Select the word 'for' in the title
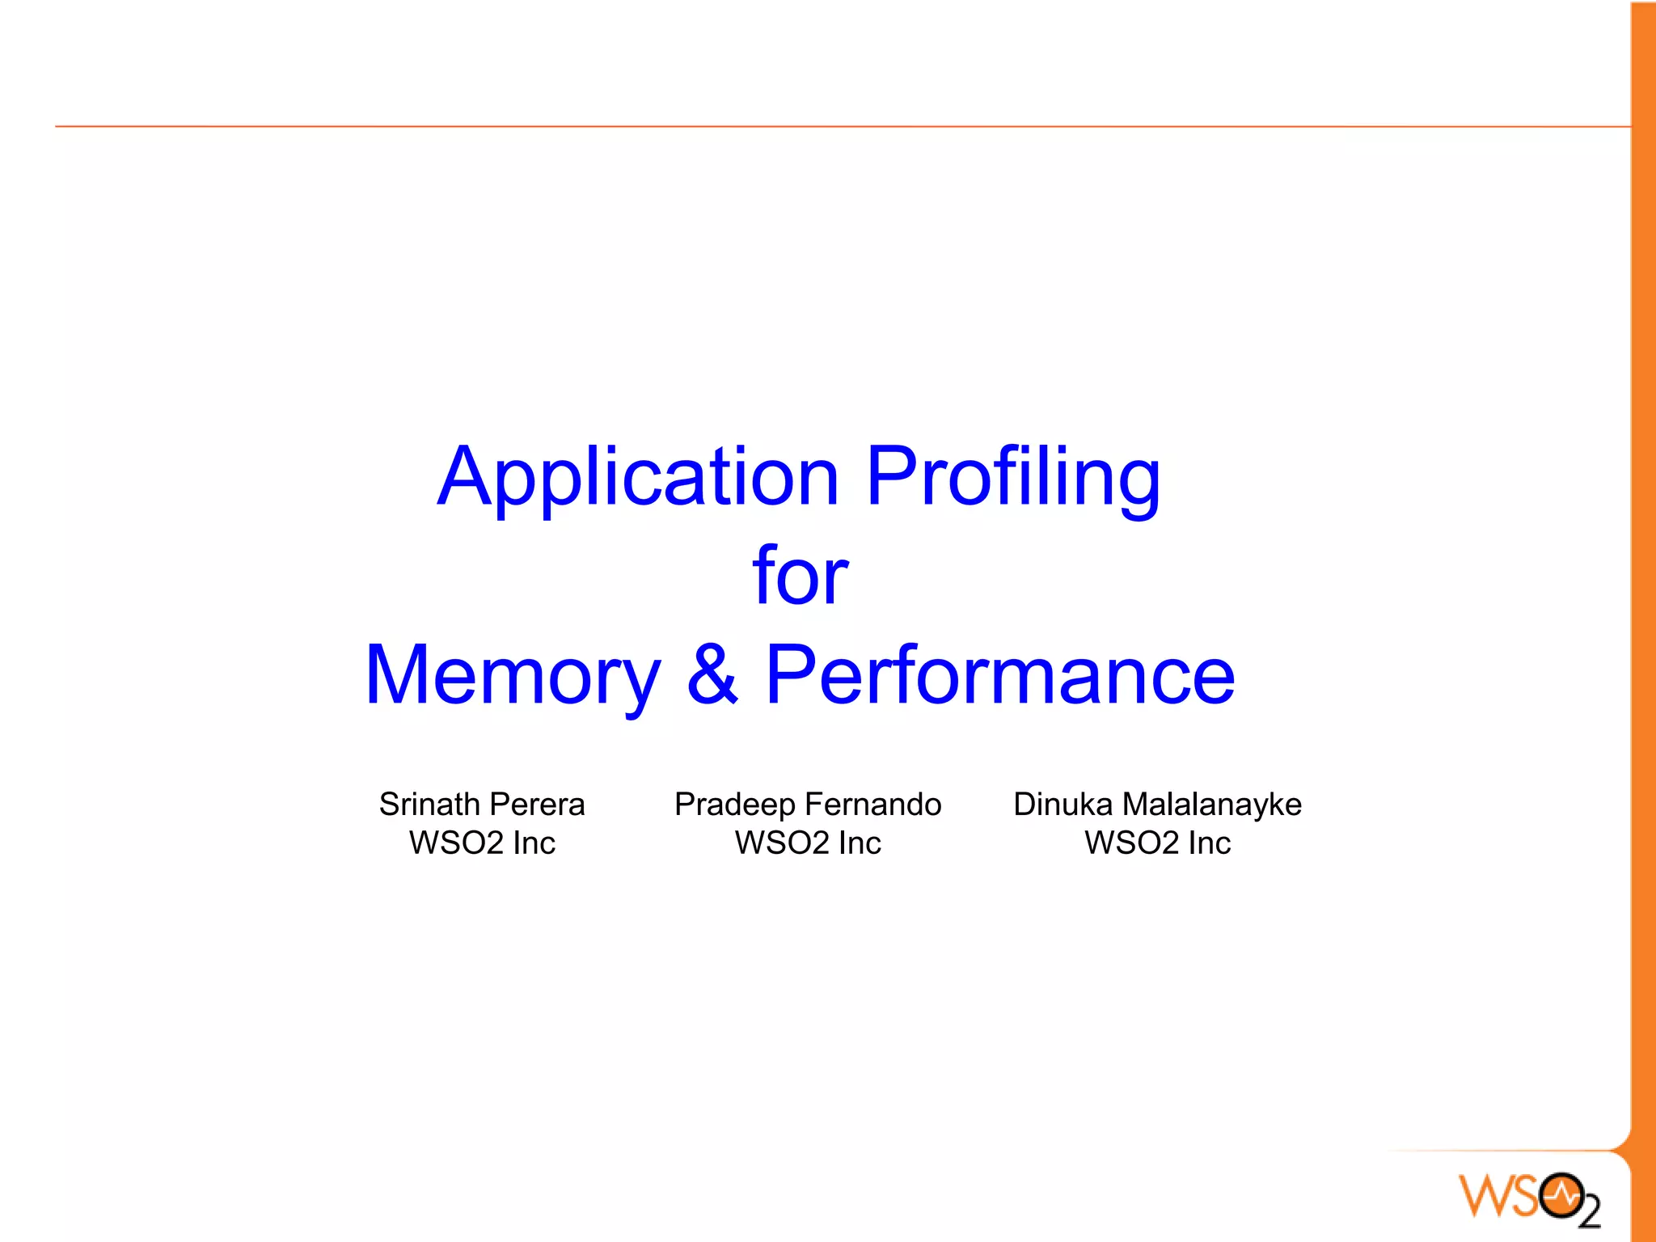[x=800, y=576]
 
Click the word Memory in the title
[x=513, y=676]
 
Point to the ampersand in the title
[x=712, y=674]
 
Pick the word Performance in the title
[x=1000, y=676]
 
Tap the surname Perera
[x=537, y=805]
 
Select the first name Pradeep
[x=734, y=805]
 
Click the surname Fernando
[x=874, y=805]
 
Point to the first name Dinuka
[x=1062, y=805]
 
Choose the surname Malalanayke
[x=1212, y=805]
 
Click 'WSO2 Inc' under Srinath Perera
[x=482, y=843]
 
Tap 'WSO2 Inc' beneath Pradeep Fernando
[x=808, y=843]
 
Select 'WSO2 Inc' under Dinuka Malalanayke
[x=1157, y=843]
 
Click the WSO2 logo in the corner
[x=1529, y=1198]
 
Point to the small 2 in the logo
[x=1590, y=1212]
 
